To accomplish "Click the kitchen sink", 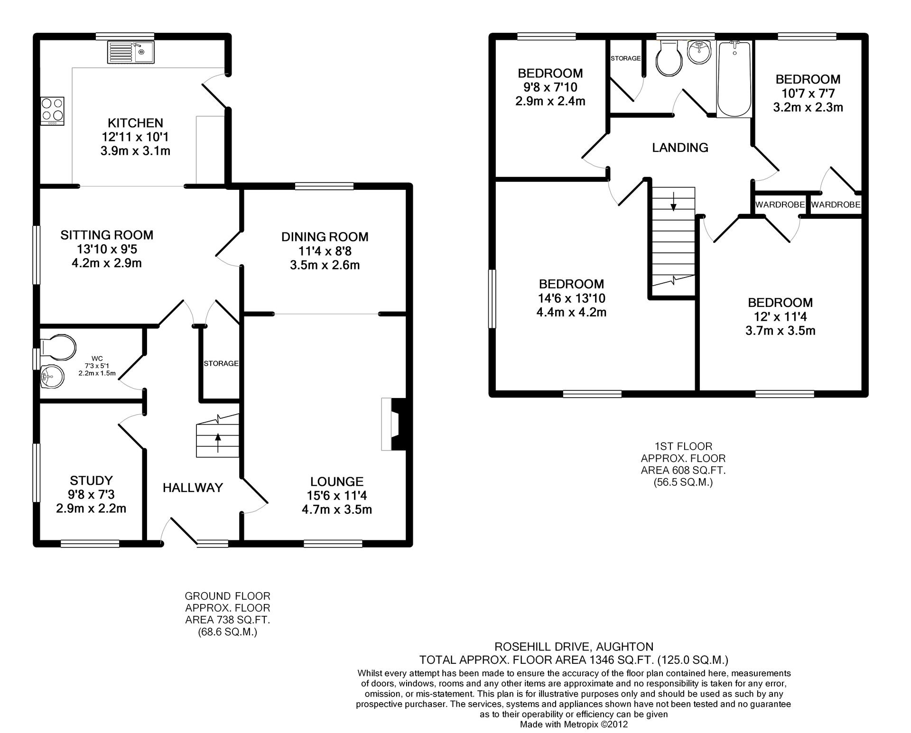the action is (130, 52).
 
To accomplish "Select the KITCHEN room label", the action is (135, 123).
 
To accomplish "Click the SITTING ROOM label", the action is (107, 235).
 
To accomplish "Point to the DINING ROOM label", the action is (325, 237).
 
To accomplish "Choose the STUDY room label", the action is (91, 481).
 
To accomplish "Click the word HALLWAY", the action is (193, 488).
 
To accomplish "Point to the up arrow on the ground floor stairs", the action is (218, 442).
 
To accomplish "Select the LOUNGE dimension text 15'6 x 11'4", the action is (336, 496).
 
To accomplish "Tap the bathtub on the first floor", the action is (734, 79).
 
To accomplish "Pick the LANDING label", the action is (680, 148).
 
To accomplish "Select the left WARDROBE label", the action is (780, 205).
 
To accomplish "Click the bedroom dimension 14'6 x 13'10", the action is (571, 298).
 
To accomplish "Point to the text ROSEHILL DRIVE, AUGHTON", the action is (574, 646).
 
